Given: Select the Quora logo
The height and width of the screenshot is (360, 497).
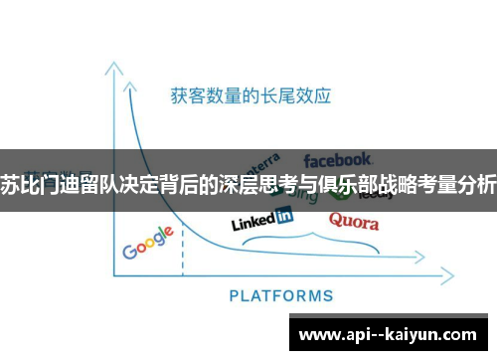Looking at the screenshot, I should click(x=353, y=220).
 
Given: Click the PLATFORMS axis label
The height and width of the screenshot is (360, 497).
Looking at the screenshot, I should click(x=281, y=295).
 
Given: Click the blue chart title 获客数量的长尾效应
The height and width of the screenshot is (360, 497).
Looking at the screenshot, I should click(x=249, y=96).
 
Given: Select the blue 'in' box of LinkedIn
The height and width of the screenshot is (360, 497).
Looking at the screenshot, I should click(x=284, y=215).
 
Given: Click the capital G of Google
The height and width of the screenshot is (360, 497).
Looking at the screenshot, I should click(x=130, y=249).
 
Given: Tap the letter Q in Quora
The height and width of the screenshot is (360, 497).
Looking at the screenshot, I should click(x=337, y=220).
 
